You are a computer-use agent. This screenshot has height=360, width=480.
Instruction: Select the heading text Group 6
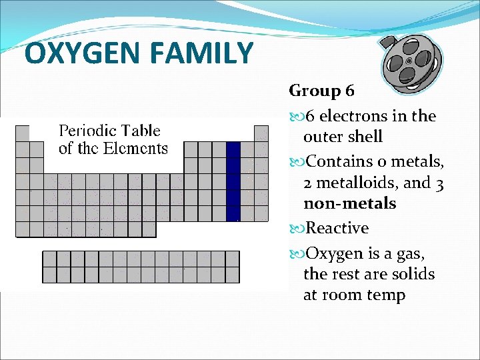(322, 90)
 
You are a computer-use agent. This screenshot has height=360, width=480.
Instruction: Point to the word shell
(381, 137)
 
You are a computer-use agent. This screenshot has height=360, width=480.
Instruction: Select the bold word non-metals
(349, 204)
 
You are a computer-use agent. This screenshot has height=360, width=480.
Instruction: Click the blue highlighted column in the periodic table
(233, 181)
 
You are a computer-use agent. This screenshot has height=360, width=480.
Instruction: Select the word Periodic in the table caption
(86, 131)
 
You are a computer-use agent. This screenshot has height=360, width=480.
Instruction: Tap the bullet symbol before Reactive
(295, 229)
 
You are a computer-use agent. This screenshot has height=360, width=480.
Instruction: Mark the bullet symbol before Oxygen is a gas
(295, 254)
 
